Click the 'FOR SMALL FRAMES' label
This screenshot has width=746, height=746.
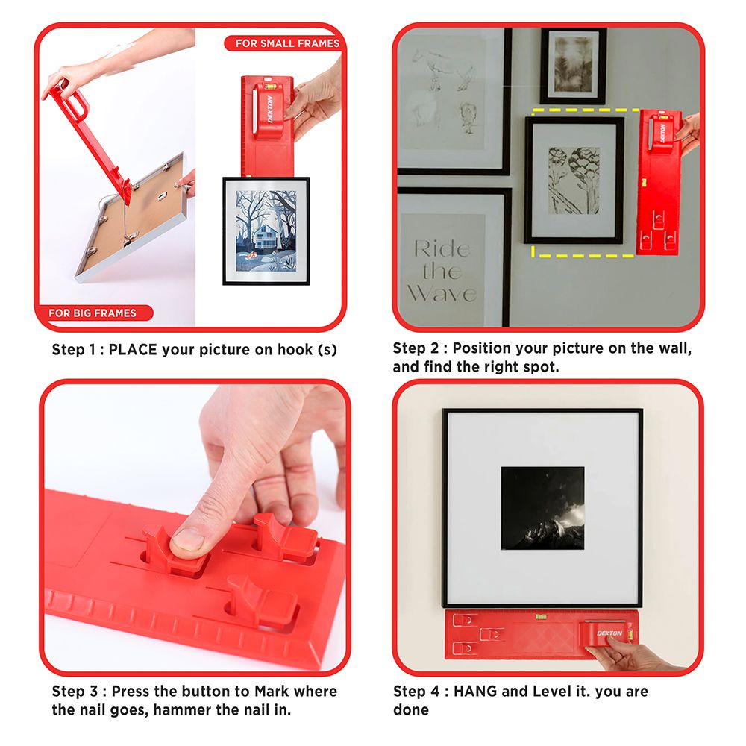[287, 43]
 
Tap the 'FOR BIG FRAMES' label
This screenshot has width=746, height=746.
[93, 313]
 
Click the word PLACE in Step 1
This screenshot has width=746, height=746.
[133, 350]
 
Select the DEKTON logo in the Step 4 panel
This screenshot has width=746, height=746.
[609, 633]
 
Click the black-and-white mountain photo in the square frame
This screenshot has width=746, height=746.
[542, 508]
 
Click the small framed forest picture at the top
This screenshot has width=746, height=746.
[573, 66]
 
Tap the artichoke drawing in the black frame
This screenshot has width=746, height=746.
[574, 181]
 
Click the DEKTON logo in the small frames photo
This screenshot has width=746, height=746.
[270, 109]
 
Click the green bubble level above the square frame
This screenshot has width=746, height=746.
[541, 617]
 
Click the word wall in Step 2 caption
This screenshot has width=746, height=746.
[674, 348]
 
